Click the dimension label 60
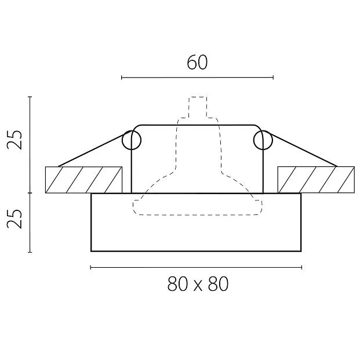(197, 63)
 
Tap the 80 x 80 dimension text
(198, 284)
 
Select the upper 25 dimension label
(14, 140)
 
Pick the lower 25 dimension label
(14, 218)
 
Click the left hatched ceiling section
(84, 180)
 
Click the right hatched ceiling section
(316, 180)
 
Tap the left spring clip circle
(131, 140)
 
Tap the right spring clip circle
(263, 140)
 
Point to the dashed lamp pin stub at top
(198, 107)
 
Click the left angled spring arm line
(91, 150)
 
